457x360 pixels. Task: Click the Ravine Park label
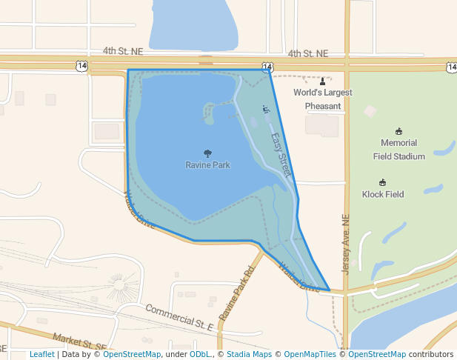coord(207,165)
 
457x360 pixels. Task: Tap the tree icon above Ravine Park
coord(207,153)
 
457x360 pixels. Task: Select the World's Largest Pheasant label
coord(323,99)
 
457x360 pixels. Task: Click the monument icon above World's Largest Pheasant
coord(322,81)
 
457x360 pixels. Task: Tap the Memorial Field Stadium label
coord(398,149)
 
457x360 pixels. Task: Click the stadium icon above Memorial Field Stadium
coord(398,130)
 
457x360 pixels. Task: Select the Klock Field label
coord(383,194)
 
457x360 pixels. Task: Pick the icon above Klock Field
coord(383,182)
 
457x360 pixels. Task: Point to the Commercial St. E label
coord(179,317)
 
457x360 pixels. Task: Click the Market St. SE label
coord(79,342)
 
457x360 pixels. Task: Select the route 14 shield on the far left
coord(81,66)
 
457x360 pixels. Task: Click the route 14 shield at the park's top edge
coord(267,67)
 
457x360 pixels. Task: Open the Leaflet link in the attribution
coord(41,354)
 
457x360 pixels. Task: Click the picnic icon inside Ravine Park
coord(266,110)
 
